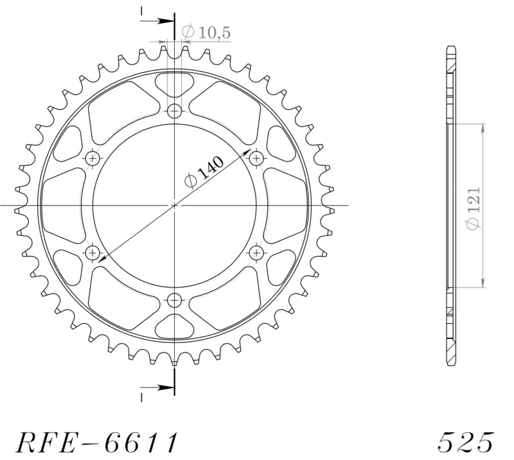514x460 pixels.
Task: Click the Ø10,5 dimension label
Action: [x=206, y=32]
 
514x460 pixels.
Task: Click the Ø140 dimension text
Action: [x=204, y=172]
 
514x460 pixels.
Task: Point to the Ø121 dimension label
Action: [x=474, y=209]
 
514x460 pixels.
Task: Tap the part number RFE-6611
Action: [x=97, y=442]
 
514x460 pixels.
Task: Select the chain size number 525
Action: [x=465, y=442]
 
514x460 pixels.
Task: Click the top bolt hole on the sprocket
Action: [x=174, y=111]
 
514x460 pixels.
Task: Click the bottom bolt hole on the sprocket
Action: [x=174, y=299]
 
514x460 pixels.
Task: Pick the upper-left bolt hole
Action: [x=93, y=159]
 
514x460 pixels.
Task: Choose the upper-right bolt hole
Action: [x=256, y=159]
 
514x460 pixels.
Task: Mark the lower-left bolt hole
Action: [x=93, y=252]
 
